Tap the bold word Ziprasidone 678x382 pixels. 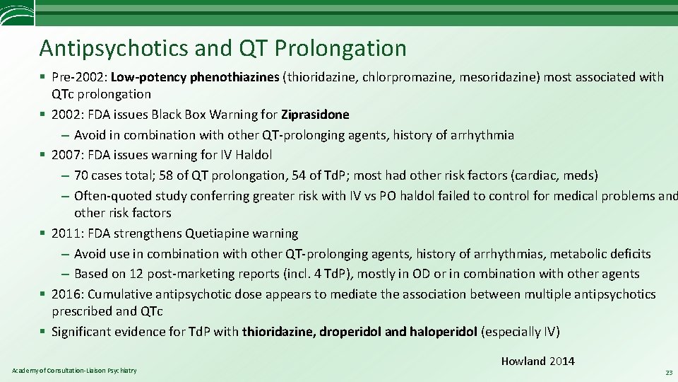(x=315, y=115)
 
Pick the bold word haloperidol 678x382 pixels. (x=444, y=331)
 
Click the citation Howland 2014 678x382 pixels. (x=537, y=361)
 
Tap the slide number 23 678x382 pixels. (x=667, y=372)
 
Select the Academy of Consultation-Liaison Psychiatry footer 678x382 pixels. (x=74, y=371)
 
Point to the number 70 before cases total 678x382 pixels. (x=81, y=175)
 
